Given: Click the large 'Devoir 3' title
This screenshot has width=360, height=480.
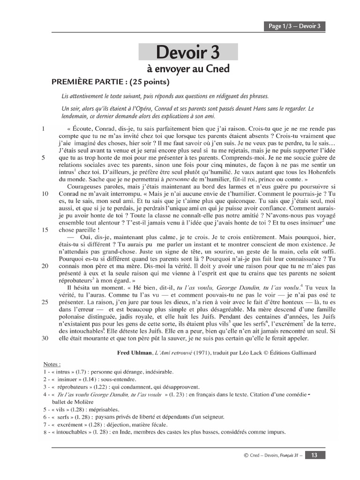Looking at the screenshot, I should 188,52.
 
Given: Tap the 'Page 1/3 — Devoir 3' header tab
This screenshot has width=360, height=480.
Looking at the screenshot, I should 294,26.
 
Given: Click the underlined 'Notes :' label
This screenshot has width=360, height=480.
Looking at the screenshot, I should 52,363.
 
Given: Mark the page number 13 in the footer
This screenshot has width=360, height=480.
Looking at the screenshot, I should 315,454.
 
